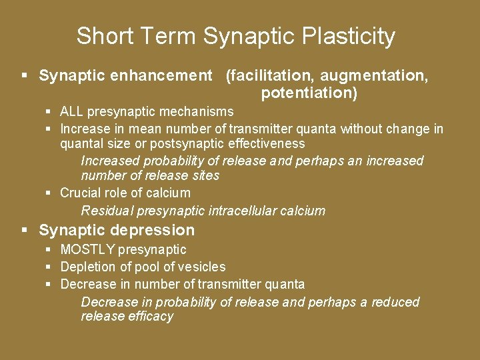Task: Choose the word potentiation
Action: click(x=309, y=93)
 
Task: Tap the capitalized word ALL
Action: click(x=71, y=111)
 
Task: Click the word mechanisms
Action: click(x=200, y=111)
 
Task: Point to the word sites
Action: click(x=205, y=176)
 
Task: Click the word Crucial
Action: click(x=80, y=193)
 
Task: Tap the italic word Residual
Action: click(x=107, y=211)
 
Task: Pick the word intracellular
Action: click(x=248, y=211)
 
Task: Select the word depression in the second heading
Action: click(x=154, y=231)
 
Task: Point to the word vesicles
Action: click(x=203, y=267)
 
